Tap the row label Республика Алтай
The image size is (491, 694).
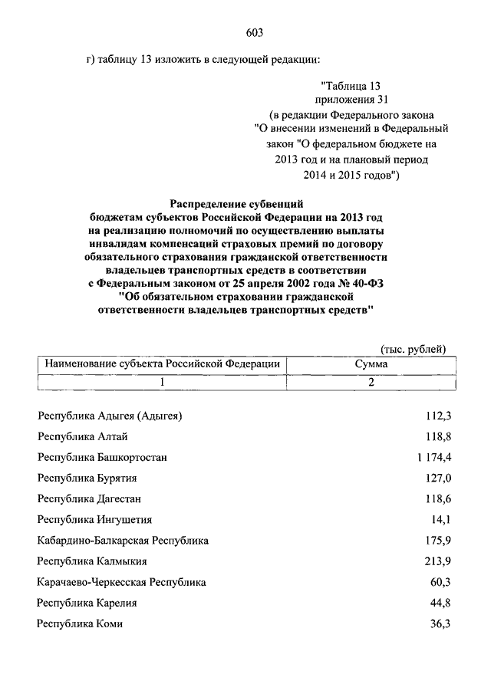click(x=82, y=437)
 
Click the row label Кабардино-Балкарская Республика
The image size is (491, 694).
click(x=123, y=541)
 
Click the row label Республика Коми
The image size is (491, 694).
click(x=80, y=624)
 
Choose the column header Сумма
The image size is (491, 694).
click(x=371, y=365)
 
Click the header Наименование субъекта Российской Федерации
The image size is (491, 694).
click(x=162, y=365)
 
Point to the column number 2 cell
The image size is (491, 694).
click(x=371, y=383)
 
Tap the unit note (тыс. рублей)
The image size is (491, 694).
click(x=413, y=349)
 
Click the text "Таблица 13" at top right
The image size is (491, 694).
click(x=351, y=85)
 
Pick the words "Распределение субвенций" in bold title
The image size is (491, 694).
click(x=238, y=205)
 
